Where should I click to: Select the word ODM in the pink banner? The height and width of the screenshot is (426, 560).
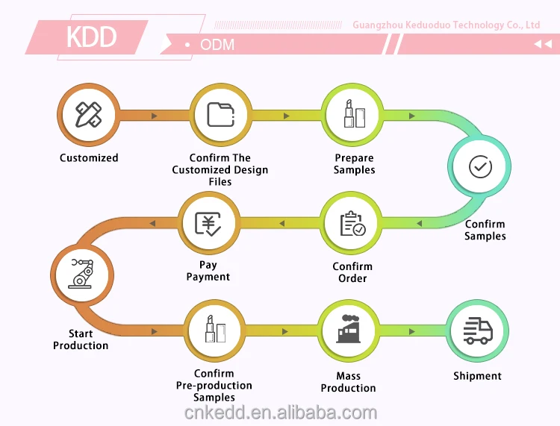tap(217, 45)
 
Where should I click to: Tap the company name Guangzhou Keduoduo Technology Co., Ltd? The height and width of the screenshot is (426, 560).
tap(446, 25)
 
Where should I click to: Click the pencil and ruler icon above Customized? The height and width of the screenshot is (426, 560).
tap(89, 115)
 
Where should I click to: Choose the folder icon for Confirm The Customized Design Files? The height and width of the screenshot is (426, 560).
tap(220, 115)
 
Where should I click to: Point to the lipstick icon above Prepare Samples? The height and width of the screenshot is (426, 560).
tap(353, 115)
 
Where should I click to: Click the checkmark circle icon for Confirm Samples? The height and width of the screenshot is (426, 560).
tap(479, 166)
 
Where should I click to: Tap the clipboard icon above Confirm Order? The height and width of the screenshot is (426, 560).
tap(352, 223)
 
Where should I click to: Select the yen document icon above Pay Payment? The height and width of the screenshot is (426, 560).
tap(208, 223)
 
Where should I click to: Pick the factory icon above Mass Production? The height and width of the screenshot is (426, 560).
tap(348, 330)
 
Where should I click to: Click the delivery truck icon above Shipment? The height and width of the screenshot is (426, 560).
tap(478, 330)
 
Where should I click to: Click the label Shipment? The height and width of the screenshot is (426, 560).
tap(477, 376)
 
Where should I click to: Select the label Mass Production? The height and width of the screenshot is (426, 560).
tap(348, 382)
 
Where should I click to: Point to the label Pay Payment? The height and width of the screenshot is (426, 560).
tap(208, 271)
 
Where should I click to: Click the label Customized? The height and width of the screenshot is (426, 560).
tap(89, 158)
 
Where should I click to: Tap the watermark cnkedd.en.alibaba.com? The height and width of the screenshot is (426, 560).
tap(280, 413)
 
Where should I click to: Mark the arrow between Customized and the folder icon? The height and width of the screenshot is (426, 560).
tap(155, 116)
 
